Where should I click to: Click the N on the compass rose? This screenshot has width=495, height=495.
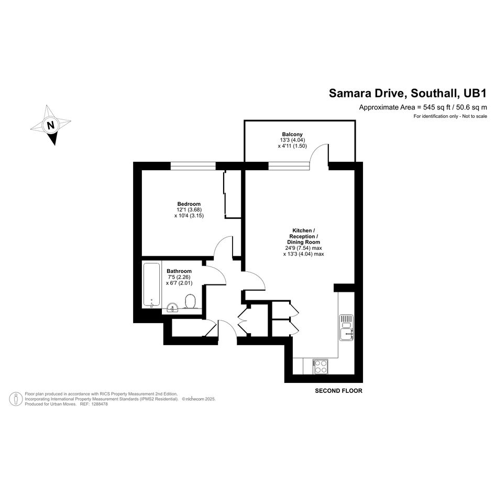[x=50, y=125]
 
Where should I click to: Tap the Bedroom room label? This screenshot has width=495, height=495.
[x=189, y=204]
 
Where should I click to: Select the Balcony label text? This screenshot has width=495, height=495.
[x=292, y=134]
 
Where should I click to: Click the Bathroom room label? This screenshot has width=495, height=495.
[x=179, y=271]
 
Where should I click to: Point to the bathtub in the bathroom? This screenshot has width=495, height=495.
[x=151, y=284]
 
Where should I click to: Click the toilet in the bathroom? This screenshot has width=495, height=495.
[x=190, y=301]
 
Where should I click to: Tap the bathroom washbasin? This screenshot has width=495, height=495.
[x=172, y=307]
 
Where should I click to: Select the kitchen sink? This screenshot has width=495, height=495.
[x=346, y=327]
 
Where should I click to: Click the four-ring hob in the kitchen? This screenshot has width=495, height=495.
[x=321, y=367]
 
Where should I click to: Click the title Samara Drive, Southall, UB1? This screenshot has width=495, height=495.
[x=408, y=93]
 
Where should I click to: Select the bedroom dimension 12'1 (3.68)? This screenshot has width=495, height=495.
[x=189, y=210]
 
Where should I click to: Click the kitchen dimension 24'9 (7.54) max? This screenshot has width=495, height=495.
[x=303, y=248]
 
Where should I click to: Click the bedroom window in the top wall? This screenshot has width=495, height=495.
[x=193, y=166]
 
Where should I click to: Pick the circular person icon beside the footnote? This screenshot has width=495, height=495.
[x=16, y=399]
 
